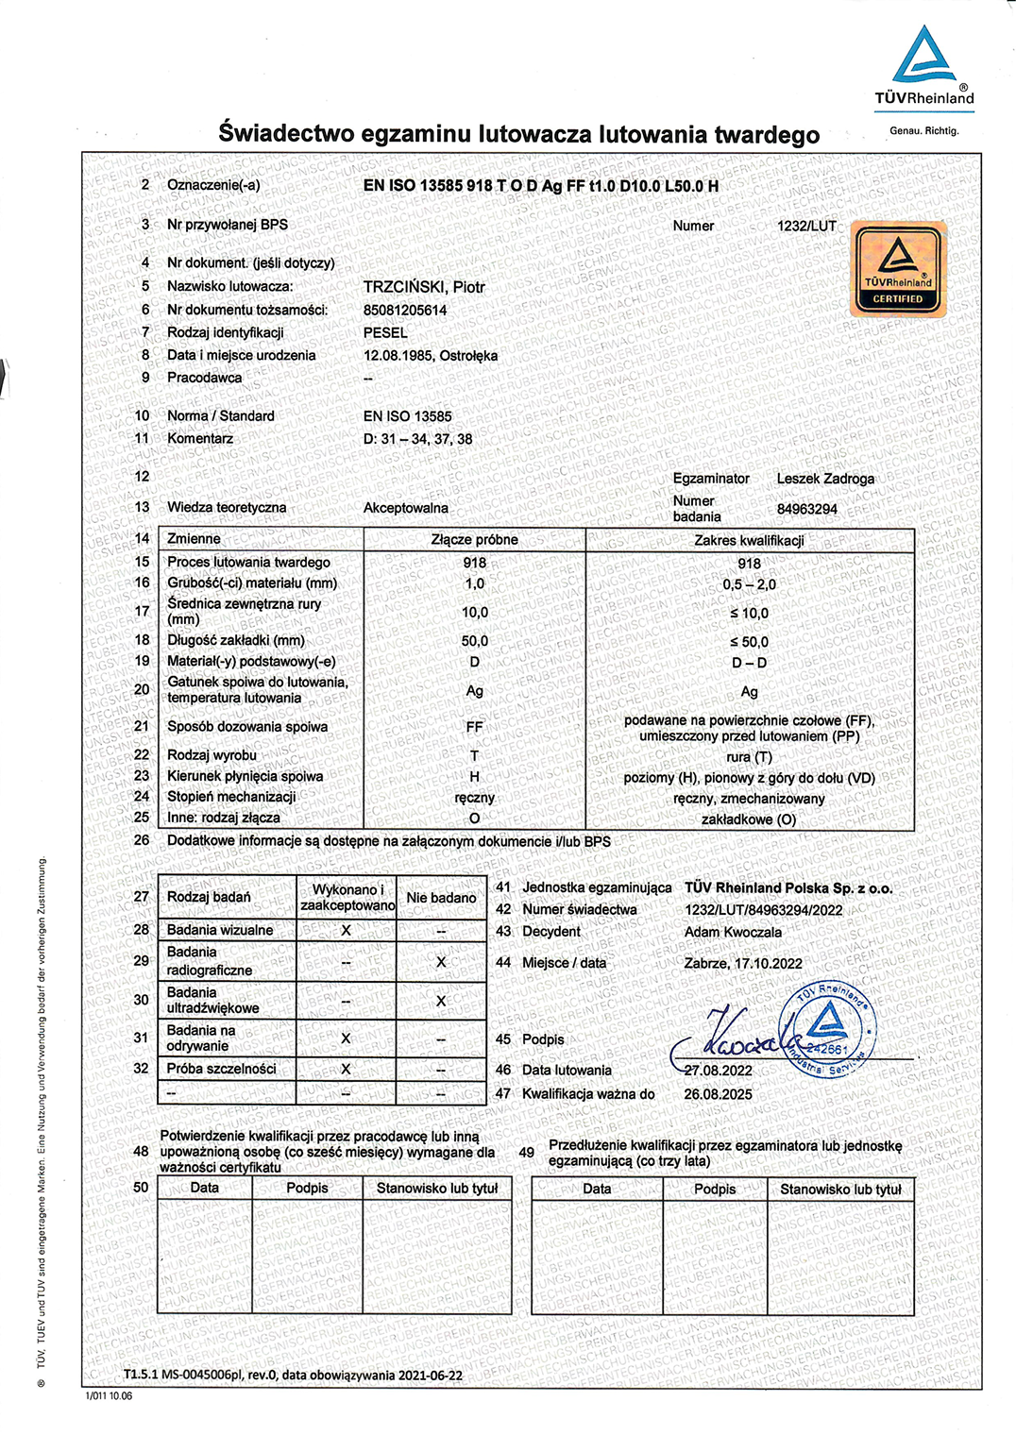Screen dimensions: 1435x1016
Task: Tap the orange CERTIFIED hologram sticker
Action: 898,269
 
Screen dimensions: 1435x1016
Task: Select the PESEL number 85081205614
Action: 405,311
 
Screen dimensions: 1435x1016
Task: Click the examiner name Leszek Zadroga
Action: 825,479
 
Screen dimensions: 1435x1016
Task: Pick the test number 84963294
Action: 806,510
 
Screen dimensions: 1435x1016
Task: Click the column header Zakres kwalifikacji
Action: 749,541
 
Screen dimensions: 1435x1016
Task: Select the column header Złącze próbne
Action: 474,540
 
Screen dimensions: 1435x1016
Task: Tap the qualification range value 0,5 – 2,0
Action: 749,584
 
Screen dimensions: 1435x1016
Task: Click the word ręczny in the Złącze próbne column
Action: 474,798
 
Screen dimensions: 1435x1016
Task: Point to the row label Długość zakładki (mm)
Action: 236,640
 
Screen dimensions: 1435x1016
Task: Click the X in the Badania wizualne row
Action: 346,931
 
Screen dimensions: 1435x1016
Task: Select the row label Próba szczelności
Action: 222,1069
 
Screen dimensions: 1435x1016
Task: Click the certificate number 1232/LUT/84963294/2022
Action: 763,910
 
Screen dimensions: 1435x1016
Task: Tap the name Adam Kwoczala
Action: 733,932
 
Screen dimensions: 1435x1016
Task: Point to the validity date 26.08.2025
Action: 718,1094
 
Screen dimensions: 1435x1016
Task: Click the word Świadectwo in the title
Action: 283,134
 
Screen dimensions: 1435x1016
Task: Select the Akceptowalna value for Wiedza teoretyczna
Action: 405,508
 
